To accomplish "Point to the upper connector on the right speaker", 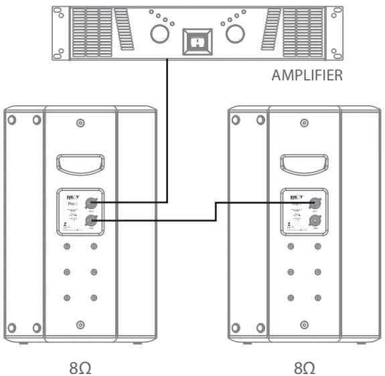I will pos(314,201).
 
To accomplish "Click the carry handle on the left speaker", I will pos(80,163).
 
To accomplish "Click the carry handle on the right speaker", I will pos(302,163).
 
